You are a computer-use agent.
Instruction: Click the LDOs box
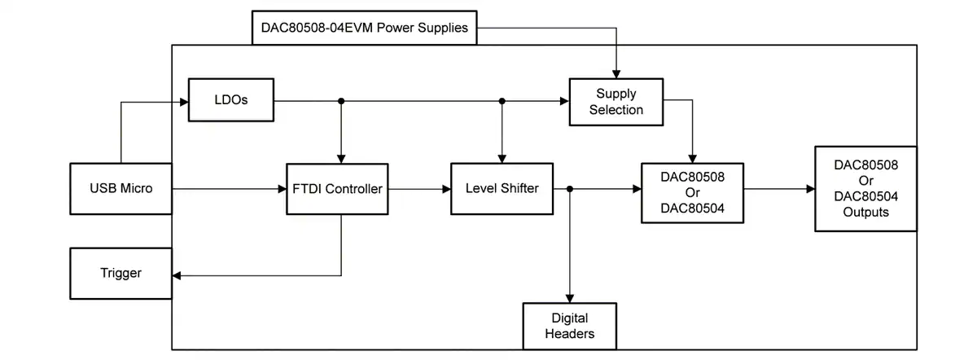[x=231, y=100]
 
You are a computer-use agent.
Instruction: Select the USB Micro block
[x=121, y=188]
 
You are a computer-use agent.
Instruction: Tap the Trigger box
[x=121, y=273]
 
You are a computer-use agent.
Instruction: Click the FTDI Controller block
[x=337, y=189]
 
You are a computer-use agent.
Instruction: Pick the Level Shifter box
[x=502, y=188]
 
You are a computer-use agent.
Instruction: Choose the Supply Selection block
[x=616, y=102]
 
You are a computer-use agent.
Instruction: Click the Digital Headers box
[x=570, y=326]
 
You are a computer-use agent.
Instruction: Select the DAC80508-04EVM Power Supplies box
[x=365, y=28]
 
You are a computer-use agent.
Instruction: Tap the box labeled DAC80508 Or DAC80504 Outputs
[x=865, y=188]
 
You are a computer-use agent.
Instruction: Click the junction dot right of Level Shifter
[x=570, y=189]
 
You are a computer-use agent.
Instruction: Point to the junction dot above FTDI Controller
[x=341, y=101]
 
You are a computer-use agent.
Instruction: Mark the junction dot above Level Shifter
[x=502, y=101]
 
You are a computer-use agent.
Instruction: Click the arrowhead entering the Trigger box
[x=177, y=276]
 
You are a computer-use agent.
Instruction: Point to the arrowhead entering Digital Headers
[x=570, y=299]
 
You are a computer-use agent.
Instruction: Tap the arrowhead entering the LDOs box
[x=184, y=102]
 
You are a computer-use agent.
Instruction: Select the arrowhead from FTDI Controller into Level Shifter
[x=447, y=189]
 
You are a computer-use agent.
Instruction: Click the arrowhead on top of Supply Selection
[x=616, y=74]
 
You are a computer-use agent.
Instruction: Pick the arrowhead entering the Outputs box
[x=811, y=189]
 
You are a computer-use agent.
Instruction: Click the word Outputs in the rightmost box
[x=865, y=212]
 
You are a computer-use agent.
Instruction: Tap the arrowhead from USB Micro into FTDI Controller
[x=283, y=189]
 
